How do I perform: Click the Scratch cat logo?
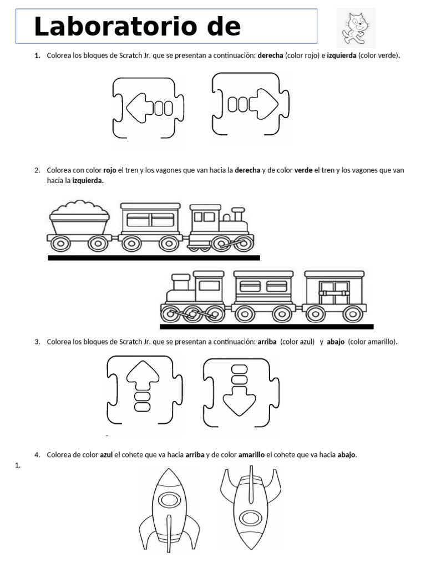(356, 27)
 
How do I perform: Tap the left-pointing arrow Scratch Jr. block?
(149, 108)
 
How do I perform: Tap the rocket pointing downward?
(250, 508)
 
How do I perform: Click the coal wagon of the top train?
(79, 224)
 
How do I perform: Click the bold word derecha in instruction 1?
(270, 56)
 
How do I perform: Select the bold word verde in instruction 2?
(303, 170)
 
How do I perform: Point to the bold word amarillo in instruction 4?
(252, 455)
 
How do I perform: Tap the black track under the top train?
(154, 257)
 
